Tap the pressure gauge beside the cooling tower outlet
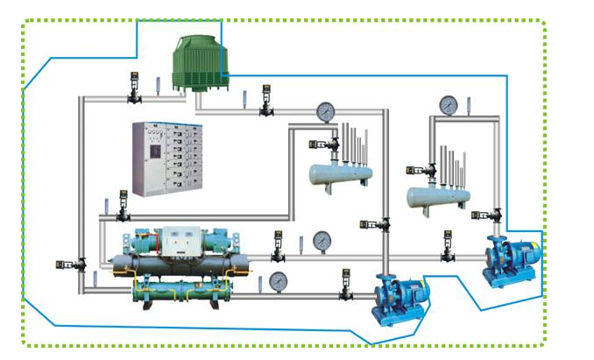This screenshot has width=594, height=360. click(x=326, y=111)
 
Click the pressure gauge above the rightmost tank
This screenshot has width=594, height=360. click(x=449, y=105)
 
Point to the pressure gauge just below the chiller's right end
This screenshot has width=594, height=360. click(x=279, y=280)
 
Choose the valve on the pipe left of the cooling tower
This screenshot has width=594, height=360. click(x=135, y=88)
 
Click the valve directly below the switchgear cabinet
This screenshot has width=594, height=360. click(x=124, y=211)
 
